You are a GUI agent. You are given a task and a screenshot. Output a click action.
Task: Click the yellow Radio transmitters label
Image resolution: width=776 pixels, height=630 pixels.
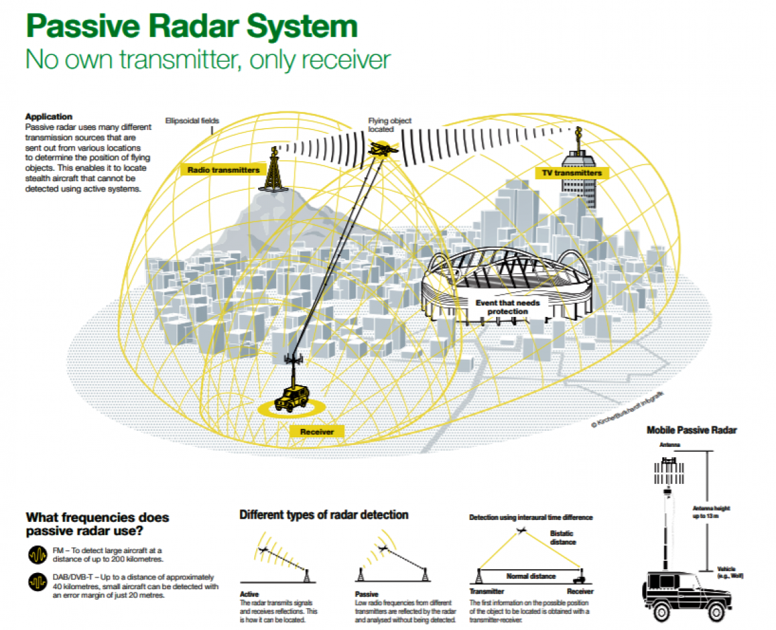223,169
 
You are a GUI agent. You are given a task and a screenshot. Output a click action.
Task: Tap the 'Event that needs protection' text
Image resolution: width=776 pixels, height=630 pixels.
507,307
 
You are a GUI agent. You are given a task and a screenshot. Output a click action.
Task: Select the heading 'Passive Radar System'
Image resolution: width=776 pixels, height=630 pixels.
191,27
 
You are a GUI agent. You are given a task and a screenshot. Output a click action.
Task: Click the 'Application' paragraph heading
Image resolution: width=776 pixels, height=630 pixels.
48,116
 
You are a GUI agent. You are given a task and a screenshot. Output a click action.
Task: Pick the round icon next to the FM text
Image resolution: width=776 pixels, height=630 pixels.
35,555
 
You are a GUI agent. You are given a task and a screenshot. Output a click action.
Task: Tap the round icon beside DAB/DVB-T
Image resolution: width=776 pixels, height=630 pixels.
35,582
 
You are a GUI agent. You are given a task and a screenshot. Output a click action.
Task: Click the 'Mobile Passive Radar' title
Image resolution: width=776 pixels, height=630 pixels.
692,430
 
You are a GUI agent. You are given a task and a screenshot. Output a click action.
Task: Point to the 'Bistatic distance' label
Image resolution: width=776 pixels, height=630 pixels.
562,538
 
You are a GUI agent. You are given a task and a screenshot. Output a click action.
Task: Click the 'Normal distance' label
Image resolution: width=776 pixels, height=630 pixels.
530,576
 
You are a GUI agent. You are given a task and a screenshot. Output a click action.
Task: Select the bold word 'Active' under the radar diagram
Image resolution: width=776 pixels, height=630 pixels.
249,594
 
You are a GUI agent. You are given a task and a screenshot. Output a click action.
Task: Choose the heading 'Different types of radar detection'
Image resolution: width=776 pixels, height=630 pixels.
323,515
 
